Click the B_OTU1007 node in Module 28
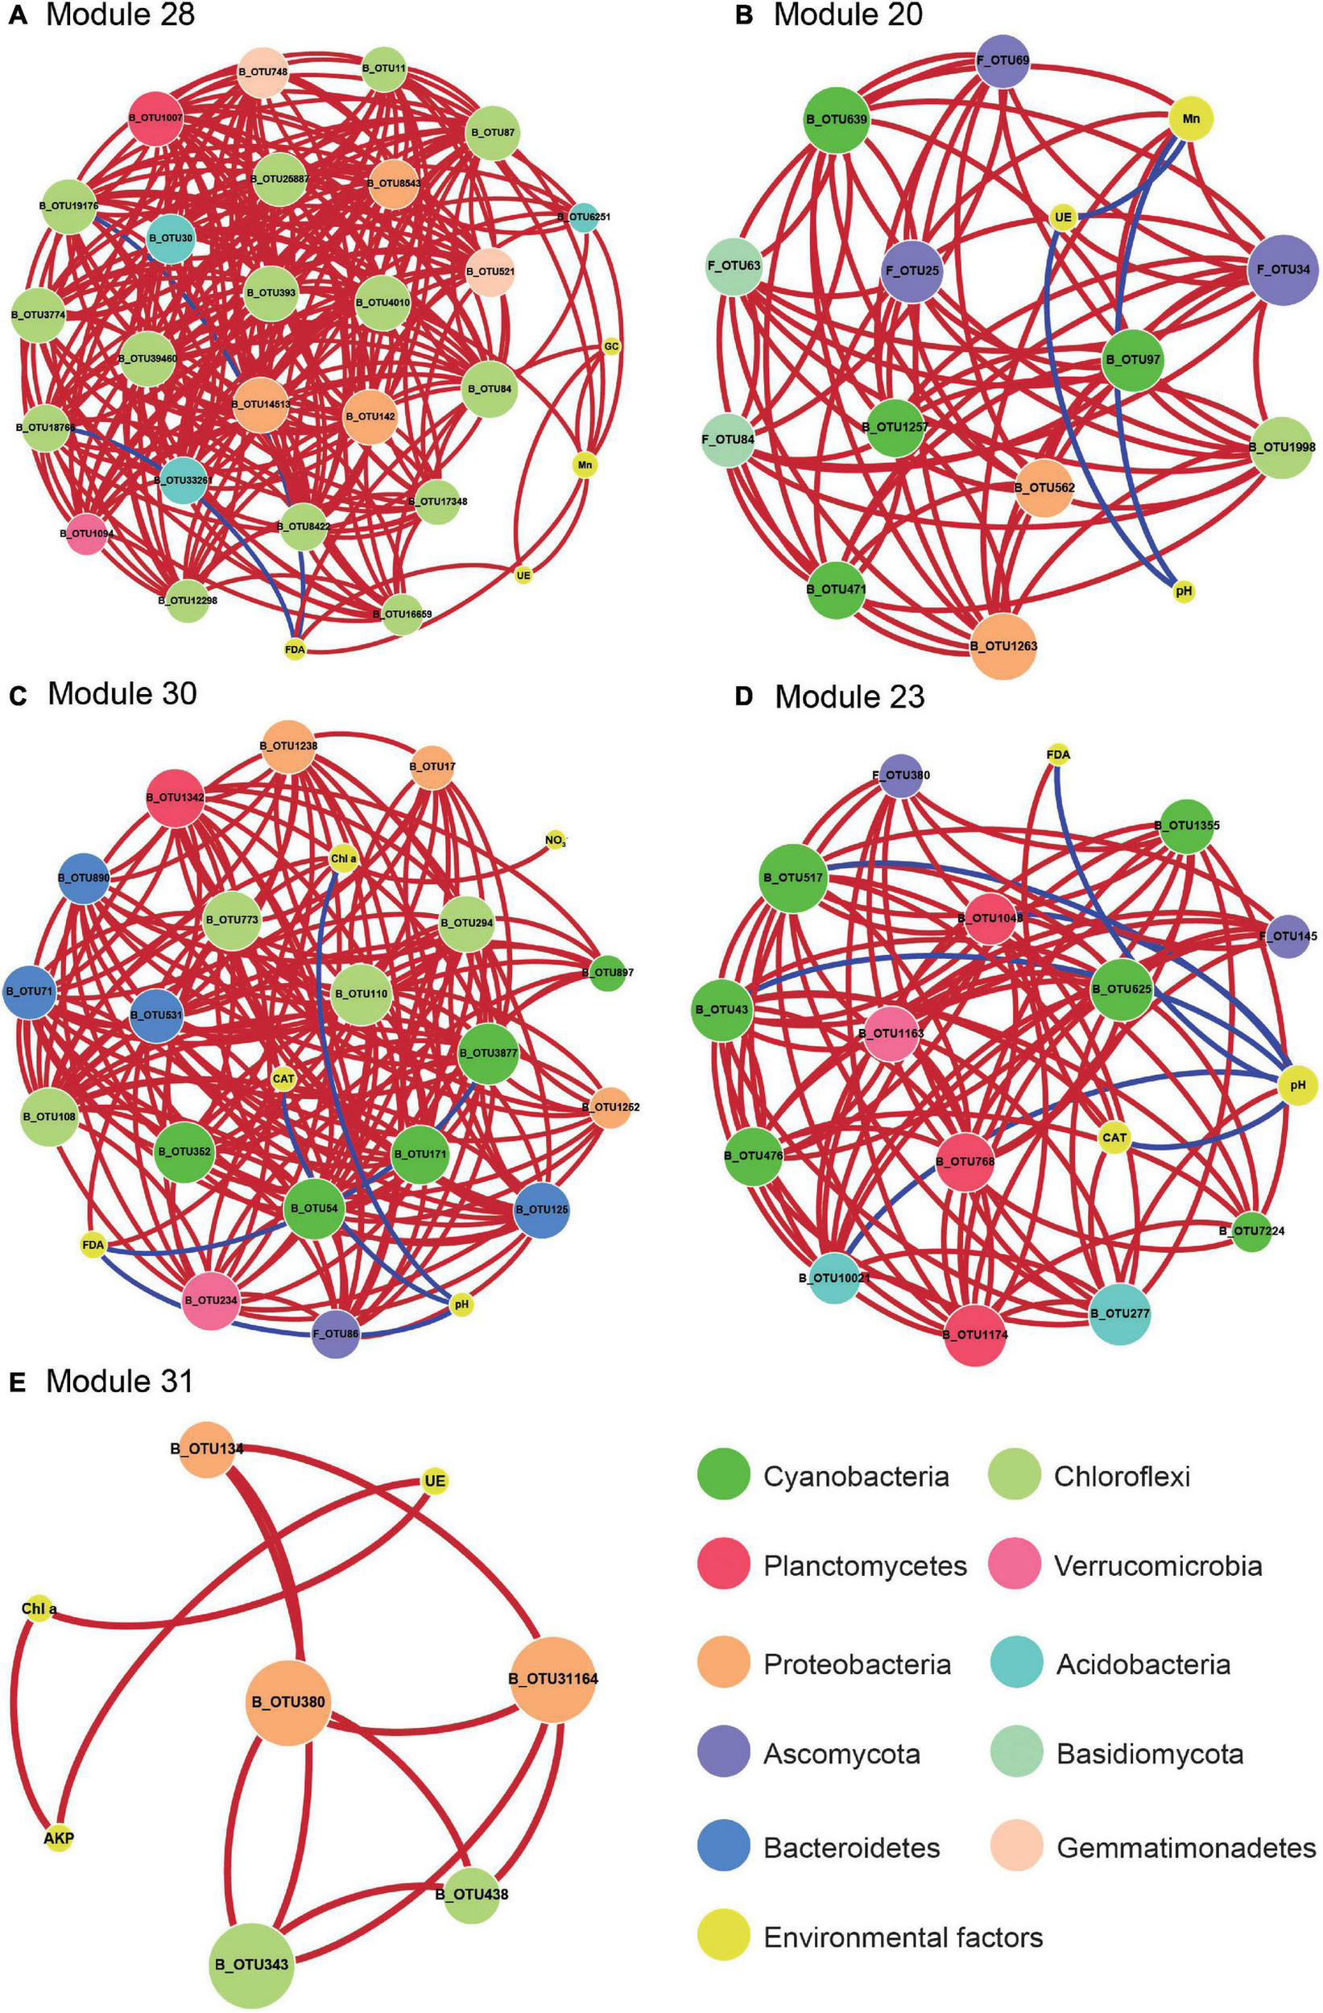(156, 118)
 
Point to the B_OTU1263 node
(1003, 645)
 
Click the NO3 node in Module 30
(555, 841)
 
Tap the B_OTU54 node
(313, 1209)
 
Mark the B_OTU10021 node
(834, 1277)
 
